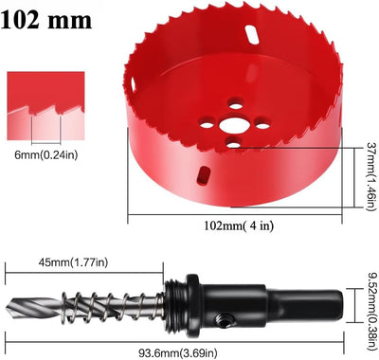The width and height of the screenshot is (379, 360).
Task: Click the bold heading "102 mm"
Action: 46,20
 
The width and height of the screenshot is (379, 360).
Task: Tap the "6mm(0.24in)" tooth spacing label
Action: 45,154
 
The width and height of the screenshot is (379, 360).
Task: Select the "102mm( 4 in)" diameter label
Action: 239,225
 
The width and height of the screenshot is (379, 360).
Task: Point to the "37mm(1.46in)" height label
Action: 370,176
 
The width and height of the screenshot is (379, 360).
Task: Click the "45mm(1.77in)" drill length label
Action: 73,262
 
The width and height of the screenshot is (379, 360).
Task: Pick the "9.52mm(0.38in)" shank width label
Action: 371,307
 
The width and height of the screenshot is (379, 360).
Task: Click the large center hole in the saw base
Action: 233,126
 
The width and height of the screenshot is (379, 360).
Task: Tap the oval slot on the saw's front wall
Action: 204,174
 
